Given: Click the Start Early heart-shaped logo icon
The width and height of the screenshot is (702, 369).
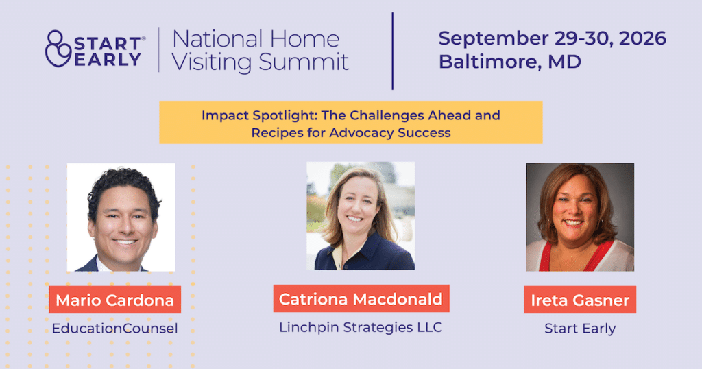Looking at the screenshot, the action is click(58, 49).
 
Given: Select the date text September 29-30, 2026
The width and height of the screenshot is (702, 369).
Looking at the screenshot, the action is click(552, 38).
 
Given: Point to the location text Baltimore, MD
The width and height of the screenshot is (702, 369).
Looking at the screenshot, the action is click(510, 62).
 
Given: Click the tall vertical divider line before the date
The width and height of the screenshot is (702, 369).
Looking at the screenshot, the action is click(393, 51).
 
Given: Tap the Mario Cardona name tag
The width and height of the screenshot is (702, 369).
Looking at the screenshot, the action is click(114, 300).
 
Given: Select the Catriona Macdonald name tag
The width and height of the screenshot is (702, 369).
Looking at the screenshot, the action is click(361, 298).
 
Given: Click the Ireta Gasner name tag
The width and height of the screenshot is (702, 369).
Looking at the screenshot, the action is click(580, 300).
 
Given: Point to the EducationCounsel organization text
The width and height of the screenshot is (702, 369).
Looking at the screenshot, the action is click(114, 329).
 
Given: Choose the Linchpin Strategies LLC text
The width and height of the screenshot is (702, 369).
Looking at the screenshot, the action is click(361, 327).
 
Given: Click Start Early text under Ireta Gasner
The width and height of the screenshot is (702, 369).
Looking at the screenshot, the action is click(580, 329).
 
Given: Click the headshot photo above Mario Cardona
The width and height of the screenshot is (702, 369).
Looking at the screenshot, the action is click(121, 217).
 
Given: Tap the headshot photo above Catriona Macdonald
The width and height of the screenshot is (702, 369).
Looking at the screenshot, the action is click(361, 216).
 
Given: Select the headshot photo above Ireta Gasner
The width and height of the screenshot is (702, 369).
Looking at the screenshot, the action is click(580, 217).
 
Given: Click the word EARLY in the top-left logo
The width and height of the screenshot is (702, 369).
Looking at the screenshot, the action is click(108, 60).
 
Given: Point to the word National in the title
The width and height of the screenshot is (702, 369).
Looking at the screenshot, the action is click(217, 39).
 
